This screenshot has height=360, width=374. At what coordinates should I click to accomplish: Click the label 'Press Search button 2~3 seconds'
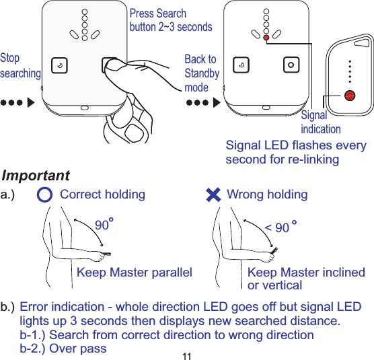[170, 20]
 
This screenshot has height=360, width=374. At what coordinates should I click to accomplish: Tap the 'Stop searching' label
[20, 65]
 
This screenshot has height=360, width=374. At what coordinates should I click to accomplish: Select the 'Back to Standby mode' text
[202, 73]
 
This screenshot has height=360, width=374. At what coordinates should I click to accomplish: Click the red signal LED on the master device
[266, 38]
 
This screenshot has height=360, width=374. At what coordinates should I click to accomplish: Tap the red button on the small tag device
[349, 95]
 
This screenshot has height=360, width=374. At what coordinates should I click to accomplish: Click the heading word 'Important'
[36, 176]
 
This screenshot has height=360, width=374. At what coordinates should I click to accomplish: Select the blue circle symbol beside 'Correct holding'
[44, 195]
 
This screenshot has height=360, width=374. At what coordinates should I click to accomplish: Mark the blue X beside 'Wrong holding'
[213, 195]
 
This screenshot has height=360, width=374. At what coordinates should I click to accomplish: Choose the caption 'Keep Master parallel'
[135, 273]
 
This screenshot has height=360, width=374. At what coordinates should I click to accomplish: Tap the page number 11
[187, 355]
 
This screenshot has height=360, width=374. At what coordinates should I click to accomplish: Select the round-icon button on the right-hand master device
[291, 65]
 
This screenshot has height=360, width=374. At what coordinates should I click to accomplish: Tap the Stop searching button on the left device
[61, 65]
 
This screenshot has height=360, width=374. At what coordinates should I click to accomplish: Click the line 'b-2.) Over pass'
[63, 348]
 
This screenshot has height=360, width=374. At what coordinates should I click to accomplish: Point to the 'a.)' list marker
[9, 195]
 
